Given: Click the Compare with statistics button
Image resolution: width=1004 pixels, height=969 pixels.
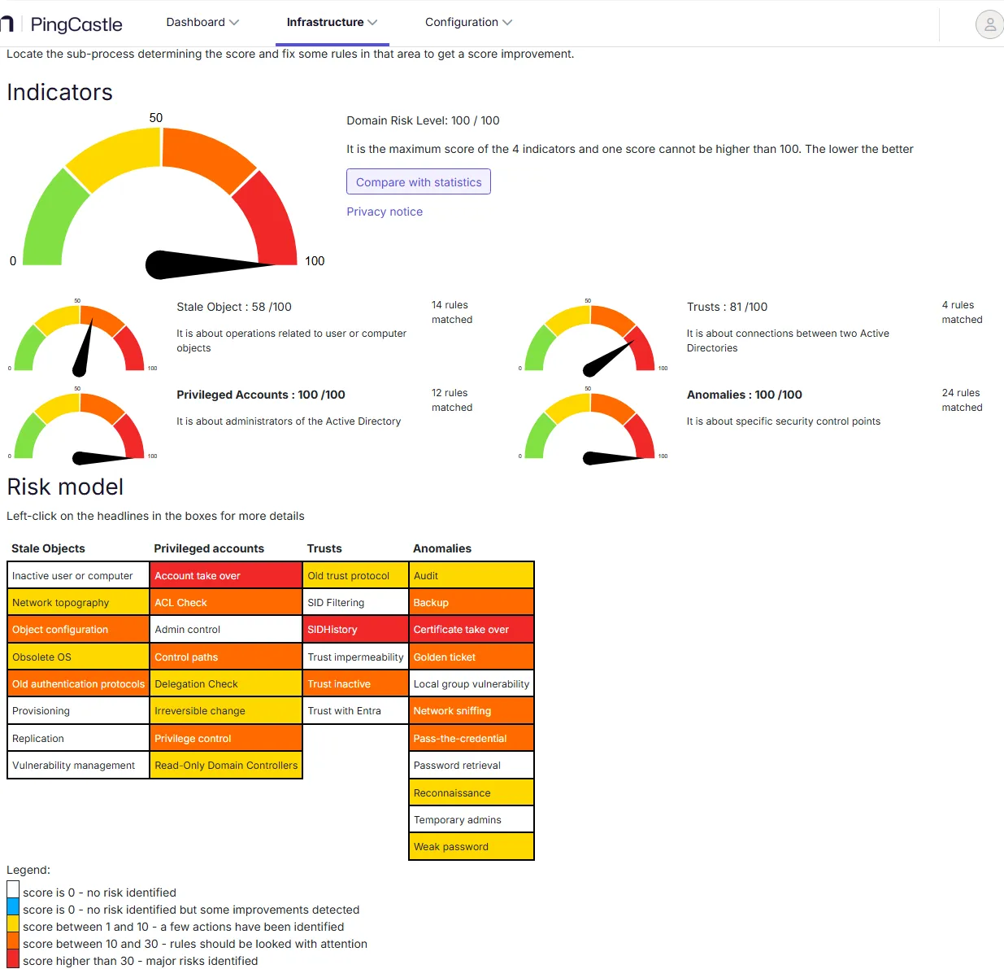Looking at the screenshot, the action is click(418, 181).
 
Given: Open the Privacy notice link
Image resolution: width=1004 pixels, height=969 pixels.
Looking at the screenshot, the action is click(385, 212).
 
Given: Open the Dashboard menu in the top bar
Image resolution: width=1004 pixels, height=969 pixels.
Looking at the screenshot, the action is click(202, 22).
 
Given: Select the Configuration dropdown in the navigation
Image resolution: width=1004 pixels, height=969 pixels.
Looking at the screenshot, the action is click(468, 22).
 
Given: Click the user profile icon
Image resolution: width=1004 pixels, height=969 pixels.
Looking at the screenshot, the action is click(989, 24).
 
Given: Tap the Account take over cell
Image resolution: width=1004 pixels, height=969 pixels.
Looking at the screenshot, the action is click(226, 575).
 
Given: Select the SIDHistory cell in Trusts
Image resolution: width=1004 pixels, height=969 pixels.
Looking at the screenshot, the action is click(355, 629).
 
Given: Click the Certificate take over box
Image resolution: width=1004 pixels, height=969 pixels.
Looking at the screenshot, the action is click(471, 629).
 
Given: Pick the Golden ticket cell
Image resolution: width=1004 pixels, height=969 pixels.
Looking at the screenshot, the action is click(471, 656).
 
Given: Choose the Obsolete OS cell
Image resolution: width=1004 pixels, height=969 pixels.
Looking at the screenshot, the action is click(78, 656).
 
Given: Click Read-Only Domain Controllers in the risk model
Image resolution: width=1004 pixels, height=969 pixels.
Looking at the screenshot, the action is click(226, 765).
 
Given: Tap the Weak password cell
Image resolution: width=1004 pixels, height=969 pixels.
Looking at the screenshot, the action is click(471, 846).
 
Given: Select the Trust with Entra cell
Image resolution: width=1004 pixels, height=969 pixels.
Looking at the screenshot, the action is click(355, 710).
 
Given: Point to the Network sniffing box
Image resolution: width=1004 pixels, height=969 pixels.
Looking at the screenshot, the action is click(471, 710).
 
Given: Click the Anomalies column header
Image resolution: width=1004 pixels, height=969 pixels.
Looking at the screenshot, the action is click(442, 548).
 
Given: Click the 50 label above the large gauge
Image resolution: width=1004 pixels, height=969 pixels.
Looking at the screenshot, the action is click(156, 118).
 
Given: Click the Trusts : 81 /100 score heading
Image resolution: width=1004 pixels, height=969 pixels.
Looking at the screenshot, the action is click(727, 307).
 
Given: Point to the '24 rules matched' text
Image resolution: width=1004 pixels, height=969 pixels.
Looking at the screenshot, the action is click(962, 399).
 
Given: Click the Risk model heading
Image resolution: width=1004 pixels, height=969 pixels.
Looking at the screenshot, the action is click(65, 487).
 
